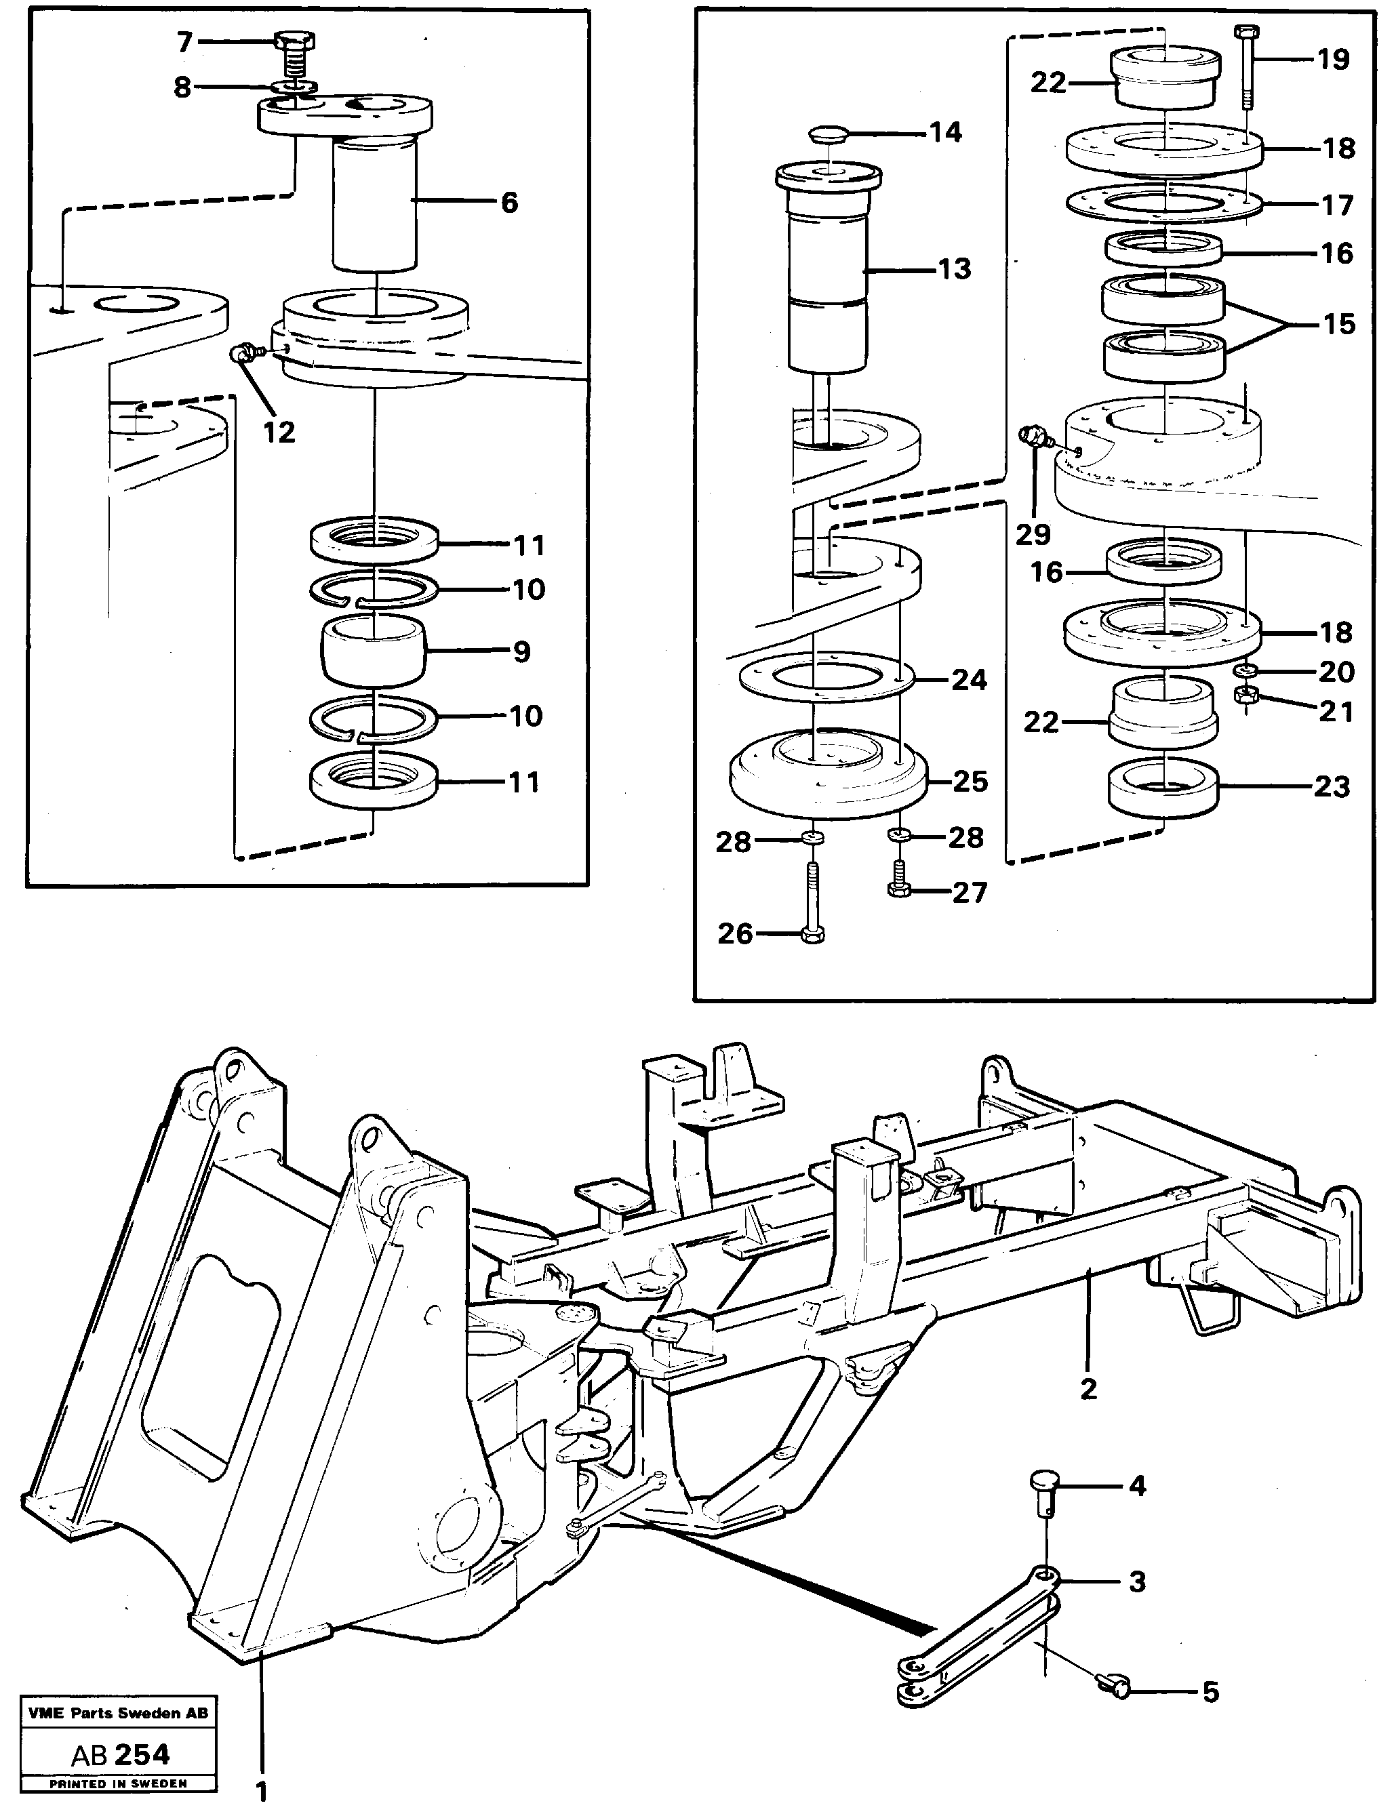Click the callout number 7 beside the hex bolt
tap(184, 41)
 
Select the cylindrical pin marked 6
tap(374, 203)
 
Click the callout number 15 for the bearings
tap(1338, 324)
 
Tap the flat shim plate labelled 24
tap(826, 678)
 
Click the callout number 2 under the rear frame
tap(1089, 1388)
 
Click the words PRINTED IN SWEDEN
tap(118, 1783)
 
